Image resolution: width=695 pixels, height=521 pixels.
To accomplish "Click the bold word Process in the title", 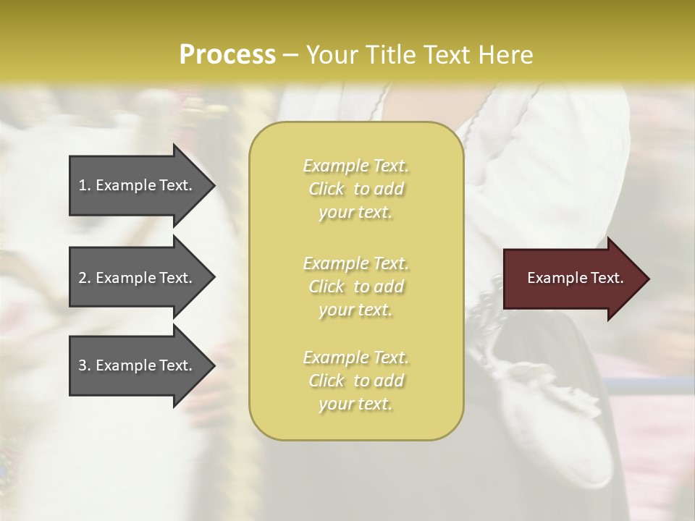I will [227, 55].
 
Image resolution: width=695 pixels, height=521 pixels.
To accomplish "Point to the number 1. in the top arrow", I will [85, 185].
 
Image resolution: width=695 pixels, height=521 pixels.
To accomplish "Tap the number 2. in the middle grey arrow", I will [85, 278].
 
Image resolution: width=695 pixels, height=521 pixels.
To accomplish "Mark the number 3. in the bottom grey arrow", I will [85, 365].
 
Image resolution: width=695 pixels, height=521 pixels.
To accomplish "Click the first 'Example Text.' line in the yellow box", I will [355, 166].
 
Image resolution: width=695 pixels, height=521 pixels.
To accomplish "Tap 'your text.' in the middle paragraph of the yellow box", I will [355, 310].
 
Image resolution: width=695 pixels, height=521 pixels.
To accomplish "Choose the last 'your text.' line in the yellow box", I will [355, 404].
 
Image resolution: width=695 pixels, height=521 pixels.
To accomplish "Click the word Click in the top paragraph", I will [327, 189].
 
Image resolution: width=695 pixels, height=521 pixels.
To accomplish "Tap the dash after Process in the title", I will [291, 55].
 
